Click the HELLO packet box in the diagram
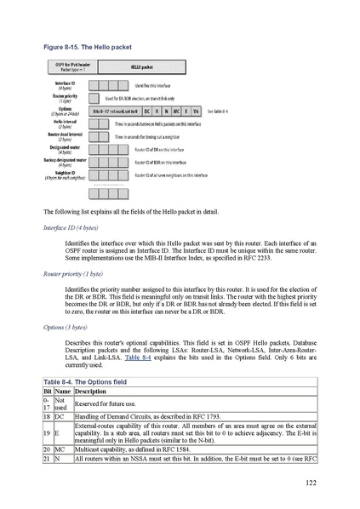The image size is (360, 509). [x=141, y=65]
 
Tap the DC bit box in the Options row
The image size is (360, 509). [x=147, y=112]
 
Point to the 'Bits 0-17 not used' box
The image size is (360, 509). [x=113, y=112]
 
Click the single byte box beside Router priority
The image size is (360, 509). [x=93, y=99]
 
